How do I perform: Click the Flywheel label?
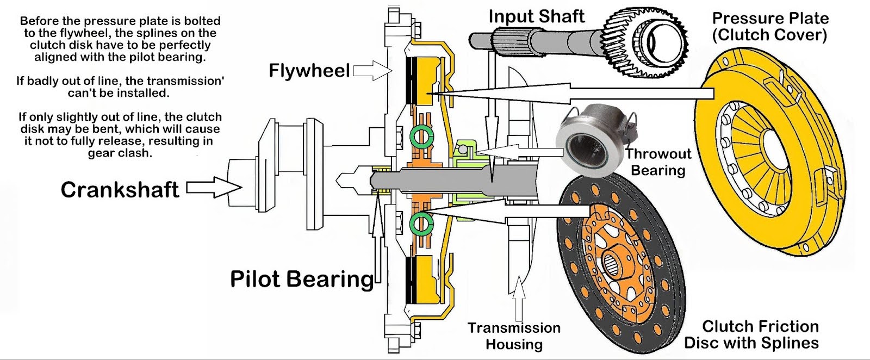click(309, 71)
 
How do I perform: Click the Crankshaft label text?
click(120, 190)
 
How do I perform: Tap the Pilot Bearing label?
click(302, 278)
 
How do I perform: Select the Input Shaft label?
click(536, 16)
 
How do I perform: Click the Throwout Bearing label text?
click(657, 162)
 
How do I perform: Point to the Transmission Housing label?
click(514, 336)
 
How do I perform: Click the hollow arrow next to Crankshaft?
click(214, 188)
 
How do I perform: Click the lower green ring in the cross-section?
click(421, 223)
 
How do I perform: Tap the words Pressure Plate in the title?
click(770, 18)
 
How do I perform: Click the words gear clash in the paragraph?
click(120, 153)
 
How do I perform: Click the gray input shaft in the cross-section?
click(462, 179)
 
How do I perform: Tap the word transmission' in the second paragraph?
click(188, 81)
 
